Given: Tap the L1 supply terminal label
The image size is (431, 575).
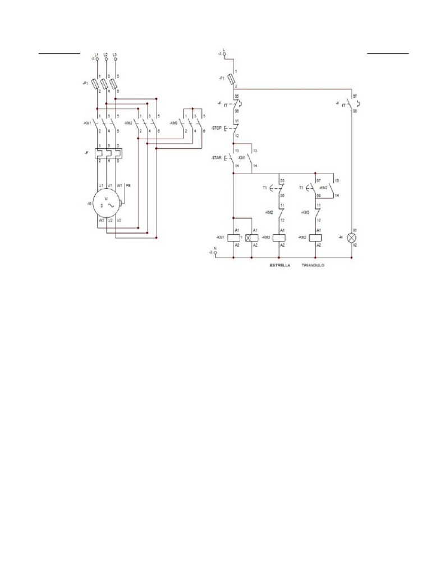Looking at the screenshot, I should point(97,54).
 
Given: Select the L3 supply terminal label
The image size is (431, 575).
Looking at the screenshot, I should point(115,54).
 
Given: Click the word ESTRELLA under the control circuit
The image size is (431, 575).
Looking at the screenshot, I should point(279,264).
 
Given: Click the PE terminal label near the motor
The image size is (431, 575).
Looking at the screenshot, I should point(128,185).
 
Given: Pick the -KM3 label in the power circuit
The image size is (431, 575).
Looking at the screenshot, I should point(173,123).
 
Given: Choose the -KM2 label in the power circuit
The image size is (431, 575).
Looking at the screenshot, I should point(129,123).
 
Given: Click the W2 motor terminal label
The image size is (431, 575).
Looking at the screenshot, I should point(101,220).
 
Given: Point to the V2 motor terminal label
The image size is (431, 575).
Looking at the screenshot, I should point(119,220).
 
